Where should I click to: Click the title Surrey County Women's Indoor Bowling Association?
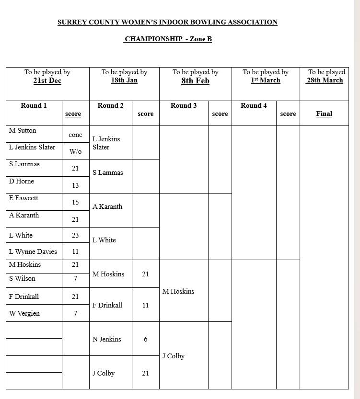[167, 22]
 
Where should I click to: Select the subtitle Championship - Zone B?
[168, 39]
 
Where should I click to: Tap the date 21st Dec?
[47, 80]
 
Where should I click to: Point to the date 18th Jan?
[124, 80]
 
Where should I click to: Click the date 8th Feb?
[195, 80]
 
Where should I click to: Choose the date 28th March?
[325, 80]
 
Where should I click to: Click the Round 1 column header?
[34, 105]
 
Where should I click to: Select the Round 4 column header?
[254, 105]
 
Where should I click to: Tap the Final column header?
[324, 114]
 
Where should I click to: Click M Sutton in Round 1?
[23, 130]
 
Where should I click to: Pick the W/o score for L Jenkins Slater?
[75, 151]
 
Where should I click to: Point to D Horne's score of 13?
[75, 185]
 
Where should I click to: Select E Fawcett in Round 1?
[23, 198]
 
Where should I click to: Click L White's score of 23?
[75, 235]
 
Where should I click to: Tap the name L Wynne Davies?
[33, 251]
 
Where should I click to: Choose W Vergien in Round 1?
[24, 313]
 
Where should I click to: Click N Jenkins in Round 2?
[106, 339]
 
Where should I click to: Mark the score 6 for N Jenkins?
[145, 339]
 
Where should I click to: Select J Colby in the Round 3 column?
[173, 356]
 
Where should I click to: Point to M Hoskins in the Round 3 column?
[178, 291]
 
